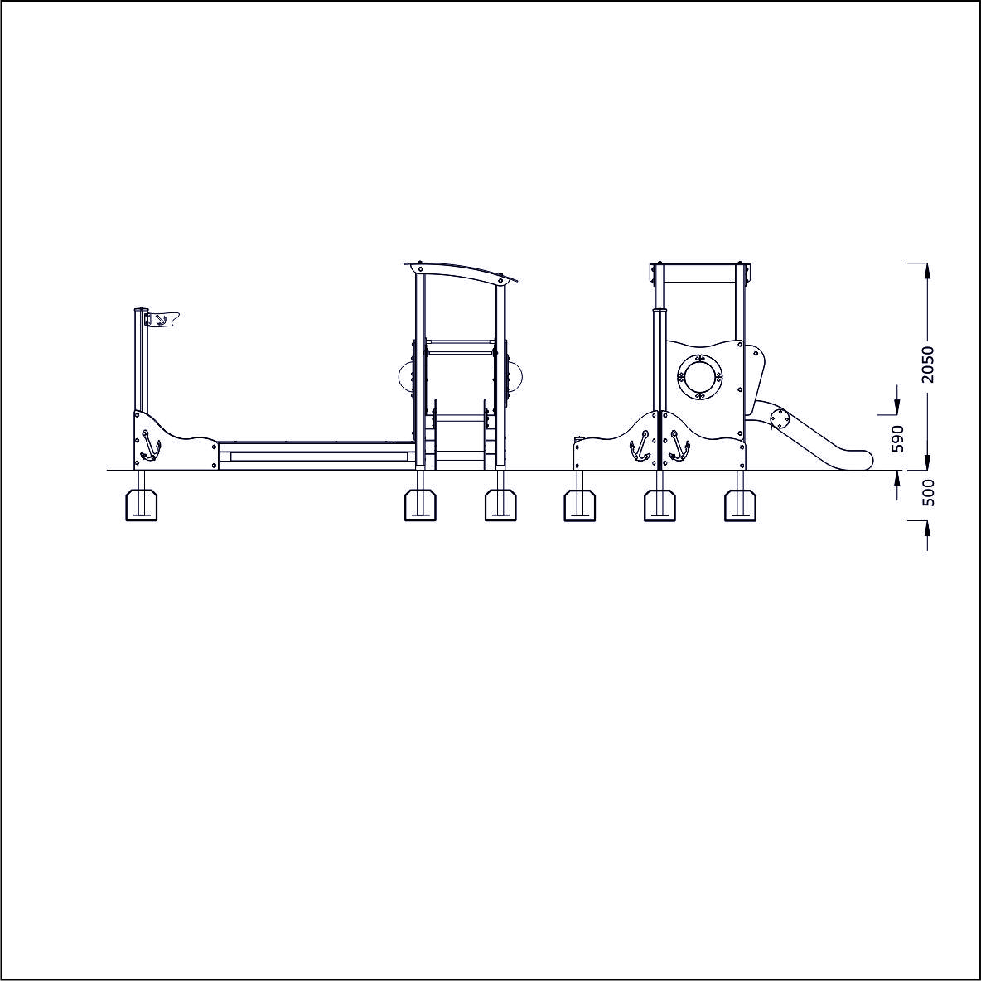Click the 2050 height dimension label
click(927, 364)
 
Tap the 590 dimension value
click(898, 438)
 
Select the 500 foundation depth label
click(929, 492)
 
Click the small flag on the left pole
click(164, 320)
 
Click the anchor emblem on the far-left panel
click(150, 446)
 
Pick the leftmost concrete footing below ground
click(142, 505)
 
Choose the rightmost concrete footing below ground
click(740, 505)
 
